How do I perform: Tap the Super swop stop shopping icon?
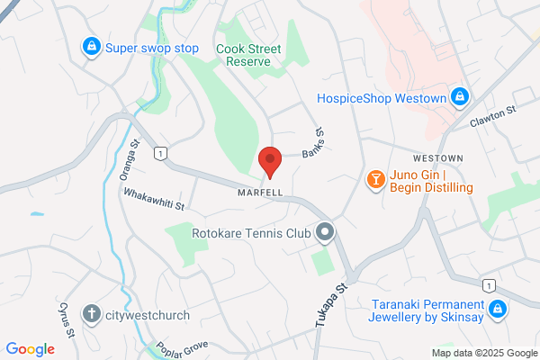tap(90, 47)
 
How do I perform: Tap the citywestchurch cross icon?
tap(91, 314)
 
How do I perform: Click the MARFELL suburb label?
tap(261, 193)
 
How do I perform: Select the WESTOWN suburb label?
tap(438, 157)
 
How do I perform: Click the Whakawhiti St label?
tap(154, 200)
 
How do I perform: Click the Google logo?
tap(30, 348)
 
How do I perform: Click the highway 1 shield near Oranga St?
tap(160, 155)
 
